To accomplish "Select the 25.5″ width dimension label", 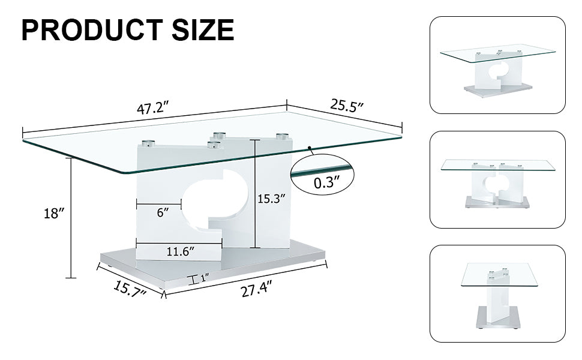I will pyautogui.click(x=347, y=106).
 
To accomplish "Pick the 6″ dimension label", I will pyautogui.click(x=161, y=212).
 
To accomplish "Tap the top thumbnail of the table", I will pyautogui.click(x=497, y=65).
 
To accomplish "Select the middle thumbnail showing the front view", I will pyautogui.click(x=497, y=179).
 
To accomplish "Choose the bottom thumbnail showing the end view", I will pyautogui.click(x=497, y=293).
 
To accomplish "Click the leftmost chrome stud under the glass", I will pyautogui.click(x=147, y=144).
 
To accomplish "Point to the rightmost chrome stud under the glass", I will pyautogui.click(x=282, y=136).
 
